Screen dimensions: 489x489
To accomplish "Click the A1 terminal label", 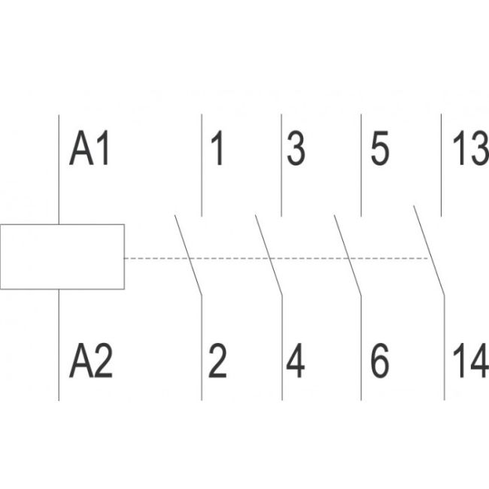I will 90,149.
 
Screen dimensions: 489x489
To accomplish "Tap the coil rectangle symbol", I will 62,257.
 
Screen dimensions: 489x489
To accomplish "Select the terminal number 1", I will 217,149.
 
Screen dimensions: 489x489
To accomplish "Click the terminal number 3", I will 296,149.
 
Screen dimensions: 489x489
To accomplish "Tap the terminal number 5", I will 380,149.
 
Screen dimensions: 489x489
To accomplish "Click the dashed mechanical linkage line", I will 226,258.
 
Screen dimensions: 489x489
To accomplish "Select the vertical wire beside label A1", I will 59,169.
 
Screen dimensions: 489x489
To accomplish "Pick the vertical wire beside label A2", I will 59,346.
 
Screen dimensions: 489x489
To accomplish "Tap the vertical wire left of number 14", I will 445,346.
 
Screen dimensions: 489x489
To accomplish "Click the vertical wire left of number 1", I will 202,166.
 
